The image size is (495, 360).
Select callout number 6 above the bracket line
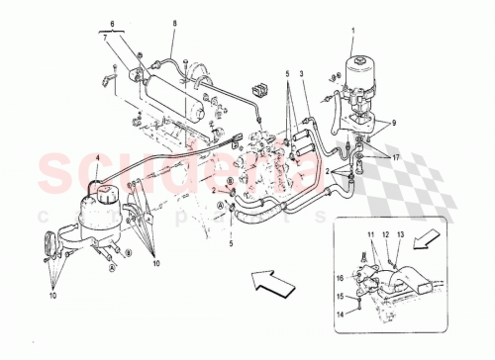112,22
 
